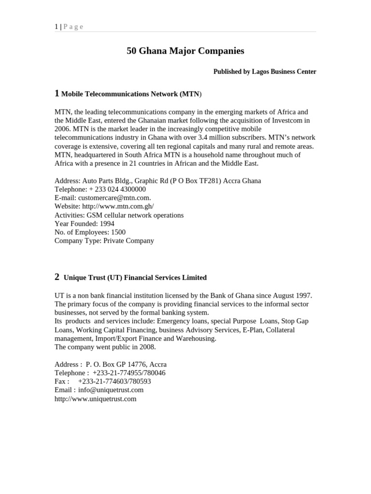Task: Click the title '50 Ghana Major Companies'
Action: tap(185, 51)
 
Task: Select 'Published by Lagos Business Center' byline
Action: tap(265, 72)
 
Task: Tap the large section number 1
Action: tap(57, 93)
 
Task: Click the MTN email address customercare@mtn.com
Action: tap(116, 198)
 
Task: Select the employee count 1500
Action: tap(118, 232)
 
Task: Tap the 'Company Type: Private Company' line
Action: tap(104, 241)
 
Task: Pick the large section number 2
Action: tap(57, 277)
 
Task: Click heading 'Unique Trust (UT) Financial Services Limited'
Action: tap(135, 278)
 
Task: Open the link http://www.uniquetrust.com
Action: tap(96, 399)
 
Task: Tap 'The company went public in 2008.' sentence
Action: tap(105, 347)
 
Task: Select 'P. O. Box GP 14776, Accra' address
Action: tap(126, 364)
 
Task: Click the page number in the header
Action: tap(57, 27)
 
